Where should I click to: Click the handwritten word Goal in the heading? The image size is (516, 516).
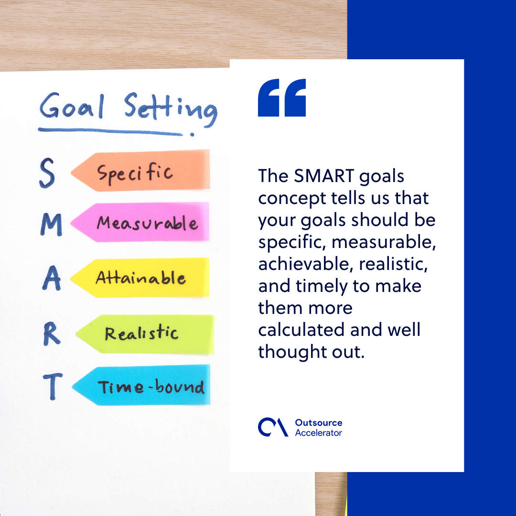(72, 108)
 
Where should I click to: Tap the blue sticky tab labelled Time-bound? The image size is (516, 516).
(143, 386)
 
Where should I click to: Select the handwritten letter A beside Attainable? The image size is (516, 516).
(52, 279)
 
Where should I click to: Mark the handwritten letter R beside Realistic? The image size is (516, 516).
(52, 334)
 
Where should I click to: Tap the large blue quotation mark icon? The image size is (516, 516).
(282, 98)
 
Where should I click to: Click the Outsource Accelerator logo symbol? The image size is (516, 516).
(273, 427)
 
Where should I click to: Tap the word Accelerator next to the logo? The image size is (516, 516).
(319, 433)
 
